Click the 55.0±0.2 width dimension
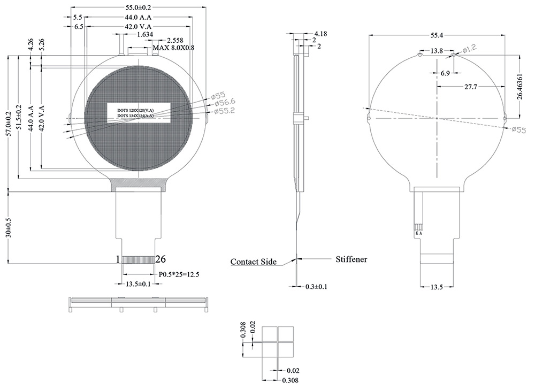[x=137, y=8]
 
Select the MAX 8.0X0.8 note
[x=173, y=48]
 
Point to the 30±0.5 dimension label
[x=8, y=227]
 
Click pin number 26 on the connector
[x=160, y=259]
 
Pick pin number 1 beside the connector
[x=118, y=259]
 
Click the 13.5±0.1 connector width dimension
[x=140, y=284]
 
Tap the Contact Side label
[x=253, y=262]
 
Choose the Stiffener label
[x=351, y=259]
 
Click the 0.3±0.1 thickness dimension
[x=316, y=287]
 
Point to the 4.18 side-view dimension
[x=320, y=34]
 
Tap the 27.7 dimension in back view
[x=471, y=86]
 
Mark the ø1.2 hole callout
[x=468, y=49]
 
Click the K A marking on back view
[x=418, y=234]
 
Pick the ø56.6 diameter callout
[x=220, y=103]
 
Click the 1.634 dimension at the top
[x=145, y=35]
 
